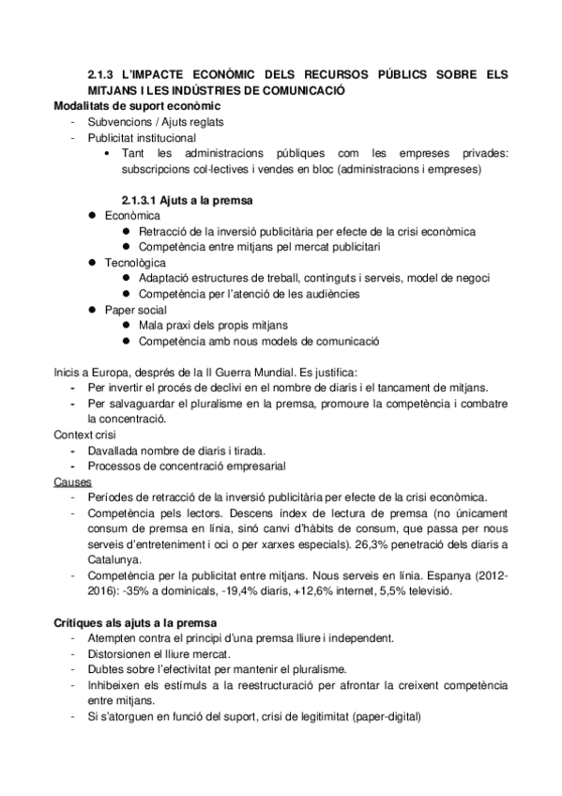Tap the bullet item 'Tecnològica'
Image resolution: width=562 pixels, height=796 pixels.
pyautogui.click(x=135, y=263)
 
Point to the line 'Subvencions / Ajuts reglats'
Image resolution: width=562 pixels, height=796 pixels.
pyautogui.click(x=155, y=121)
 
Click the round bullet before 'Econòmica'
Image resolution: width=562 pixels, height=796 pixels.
pyautogui.click(x=93, y=216)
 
